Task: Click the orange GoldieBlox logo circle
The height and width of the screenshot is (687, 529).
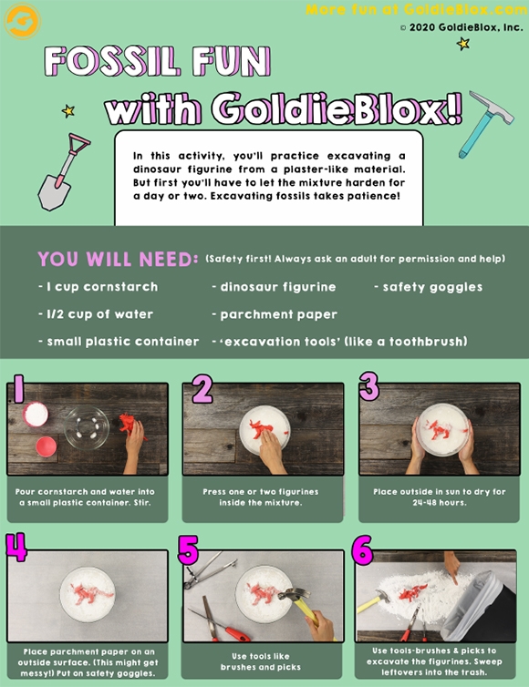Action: [x=22, y=21]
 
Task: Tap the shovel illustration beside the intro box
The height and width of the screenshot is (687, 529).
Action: [x=62, y=172]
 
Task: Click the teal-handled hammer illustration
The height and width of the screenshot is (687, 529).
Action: [x=485, y=124]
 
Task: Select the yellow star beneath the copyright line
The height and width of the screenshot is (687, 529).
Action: [x=462, y=44]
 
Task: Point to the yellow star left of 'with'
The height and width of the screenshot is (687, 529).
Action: [x=68, y=111]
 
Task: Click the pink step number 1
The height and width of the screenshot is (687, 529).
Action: [x=17, y=388]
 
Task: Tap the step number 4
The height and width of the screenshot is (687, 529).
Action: [x=16, y=547]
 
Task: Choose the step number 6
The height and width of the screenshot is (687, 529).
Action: [x=362, y=549]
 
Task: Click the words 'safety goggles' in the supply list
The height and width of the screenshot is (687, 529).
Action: [x=432, y=287]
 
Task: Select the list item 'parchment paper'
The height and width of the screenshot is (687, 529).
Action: [x=278, y=314]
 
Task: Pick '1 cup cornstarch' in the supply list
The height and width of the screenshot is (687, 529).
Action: [x=102, y=286]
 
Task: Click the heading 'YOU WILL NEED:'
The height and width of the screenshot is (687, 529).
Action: [x=118, y=259]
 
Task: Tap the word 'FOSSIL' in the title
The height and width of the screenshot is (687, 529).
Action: [x=112, y=61]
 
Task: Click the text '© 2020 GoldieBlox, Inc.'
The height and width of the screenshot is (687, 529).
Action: [x=462, y=27]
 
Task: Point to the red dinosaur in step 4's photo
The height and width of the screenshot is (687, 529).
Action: [x=92, y=593]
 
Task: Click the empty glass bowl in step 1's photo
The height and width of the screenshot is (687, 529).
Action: [x=87, y=427]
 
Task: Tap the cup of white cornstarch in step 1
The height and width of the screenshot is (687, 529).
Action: [x=36, y=414]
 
